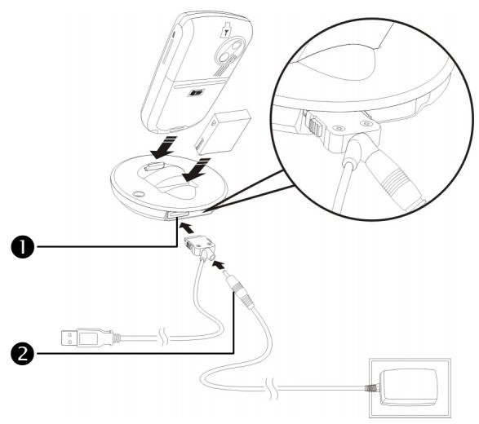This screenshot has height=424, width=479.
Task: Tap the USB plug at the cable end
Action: click(79, 335)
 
